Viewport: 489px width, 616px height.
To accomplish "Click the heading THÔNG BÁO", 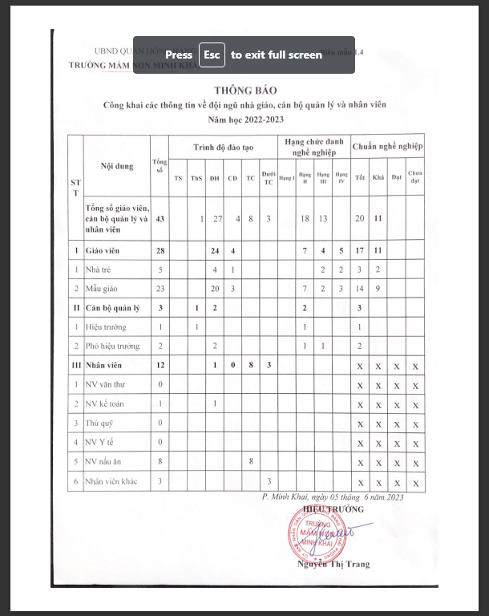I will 244,90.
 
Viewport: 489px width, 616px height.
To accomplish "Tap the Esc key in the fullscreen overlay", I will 212,55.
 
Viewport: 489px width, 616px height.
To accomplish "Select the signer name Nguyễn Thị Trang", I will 333,564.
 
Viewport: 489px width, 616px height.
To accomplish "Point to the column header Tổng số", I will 160,167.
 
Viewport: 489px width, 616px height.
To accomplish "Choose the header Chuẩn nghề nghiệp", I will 388,148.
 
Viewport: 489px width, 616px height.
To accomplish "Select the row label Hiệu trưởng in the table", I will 107,327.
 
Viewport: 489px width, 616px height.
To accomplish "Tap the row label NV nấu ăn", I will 106,461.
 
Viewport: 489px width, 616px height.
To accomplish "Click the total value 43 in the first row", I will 160,218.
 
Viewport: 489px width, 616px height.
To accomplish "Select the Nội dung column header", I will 117,167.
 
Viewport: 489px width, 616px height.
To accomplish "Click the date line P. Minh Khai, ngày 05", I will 333,497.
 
